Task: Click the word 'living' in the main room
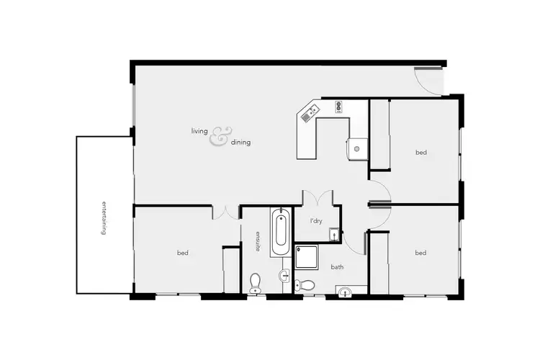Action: (199, 131)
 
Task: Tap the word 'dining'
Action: (241, 143)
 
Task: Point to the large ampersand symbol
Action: (220, 136)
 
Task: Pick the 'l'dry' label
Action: (316, 220)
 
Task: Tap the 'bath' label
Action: (337, 267)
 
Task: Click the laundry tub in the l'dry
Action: (334, 234)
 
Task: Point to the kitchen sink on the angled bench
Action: (312, 112)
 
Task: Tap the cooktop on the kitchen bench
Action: (338, 107)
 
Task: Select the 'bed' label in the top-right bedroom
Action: (420, 152)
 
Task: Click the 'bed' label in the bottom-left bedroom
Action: (182, 253)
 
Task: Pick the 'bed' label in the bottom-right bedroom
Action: (420, 253)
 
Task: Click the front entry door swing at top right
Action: (430, 79)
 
